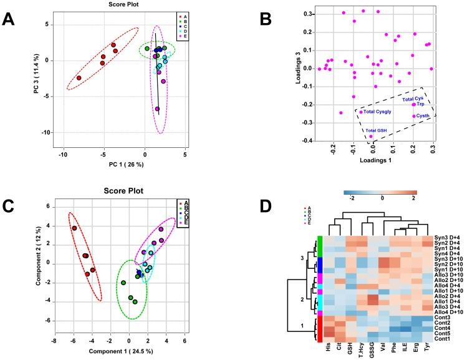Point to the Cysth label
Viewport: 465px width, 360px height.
pos(427,116)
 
